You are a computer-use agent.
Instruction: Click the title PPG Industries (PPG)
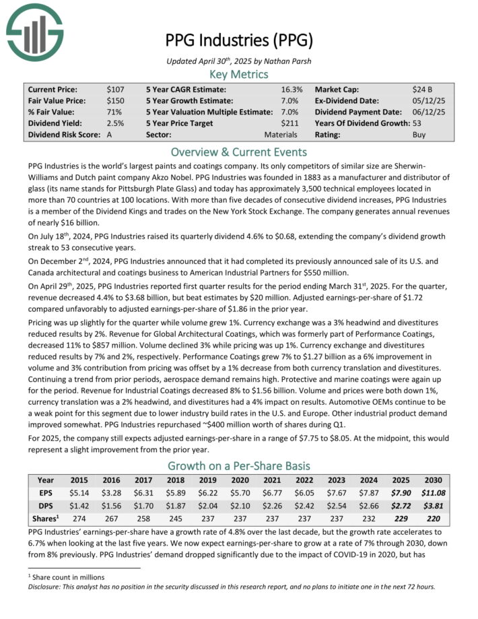coord(239,40)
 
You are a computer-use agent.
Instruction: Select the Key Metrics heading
coord(239,74)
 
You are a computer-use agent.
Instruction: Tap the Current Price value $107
coord(115,89)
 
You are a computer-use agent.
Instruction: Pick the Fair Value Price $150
coord(115,100)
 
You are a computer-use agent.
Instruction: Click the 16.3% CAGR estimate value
coord(291,89)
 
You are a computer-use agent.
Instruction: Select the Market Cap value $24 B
coord(423,89)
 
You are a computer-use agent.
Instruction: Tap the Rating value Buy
coord(419,135)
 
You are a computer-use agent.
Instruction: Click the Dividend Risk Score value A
coord(110,135)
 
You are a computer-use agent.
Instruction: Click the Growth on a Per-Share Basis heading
coord(239,465)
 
